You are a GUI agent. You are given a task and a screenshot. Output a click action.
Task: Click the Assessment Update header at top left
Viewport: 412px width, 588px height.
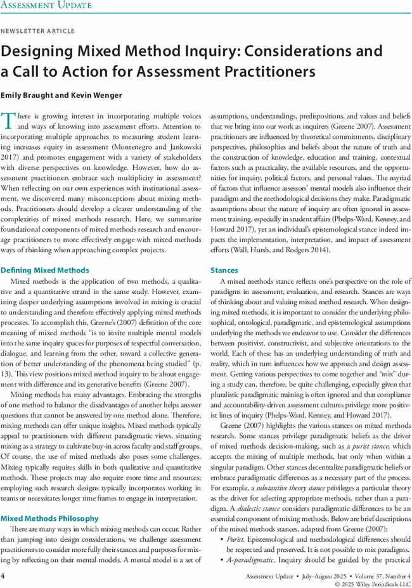click(46, 6)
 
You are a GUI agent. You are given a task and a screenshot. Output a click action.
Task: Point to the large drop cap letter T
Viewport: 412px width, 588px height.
click(8, 121)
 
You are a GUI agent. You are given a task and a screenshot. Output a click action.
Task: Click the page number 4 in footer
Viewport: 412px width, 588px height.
click(3, 576)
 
